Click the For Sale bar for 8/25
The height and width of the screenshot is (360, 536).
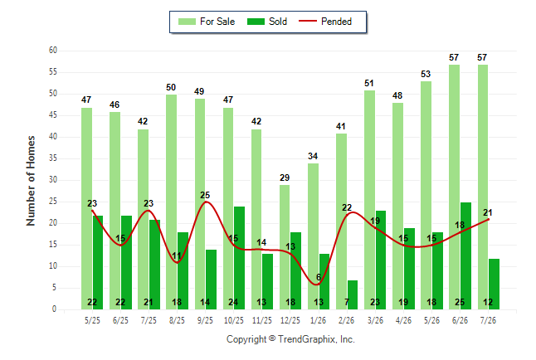coord(171,202)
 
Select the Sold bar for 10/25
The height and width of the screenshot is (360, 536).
coord(239,258)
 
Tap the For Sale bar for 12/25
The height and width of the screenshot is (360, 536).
coord(285,247)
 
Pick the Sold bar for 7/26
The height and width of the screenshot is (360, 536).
coord(494,285)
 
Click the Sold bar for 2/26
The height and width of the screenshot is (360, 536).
coord(353,295)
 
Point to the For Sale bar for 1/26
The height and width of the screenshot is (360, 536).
coord(313,236)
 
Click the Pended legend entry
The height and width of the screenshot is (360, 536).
coord(325,22)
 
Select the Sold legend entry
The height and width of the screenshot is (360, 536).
coord(267,22)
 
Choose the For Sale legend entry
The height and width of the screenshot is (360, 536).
coord(207,22)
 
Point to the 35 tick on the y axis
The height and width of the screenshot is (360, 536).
coord(53,158)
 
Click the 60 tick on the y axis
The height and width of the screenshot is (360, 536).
coord(53,51)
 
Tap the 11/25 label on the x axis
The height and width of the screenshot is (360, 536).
coord(262,320)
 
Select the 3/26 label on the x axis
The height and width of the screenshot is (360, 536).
coord(375,320)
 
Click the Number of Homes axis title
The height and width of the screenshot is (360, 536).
coord(31,181)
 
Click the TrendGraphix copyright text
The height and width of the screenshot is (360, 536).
coord(290,339)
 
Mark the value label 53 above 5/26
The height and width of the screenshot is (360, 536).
coord(426,74)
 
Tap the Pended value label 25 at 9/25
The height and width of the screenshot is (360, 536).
coord(205,195)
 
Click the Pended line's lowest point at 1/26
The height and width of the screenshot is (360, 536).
coord(317,285)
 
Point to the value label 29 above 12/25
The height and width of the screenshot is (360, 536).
coord(285,178)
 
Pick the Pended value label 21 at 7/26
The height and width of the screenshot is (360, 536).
coord(487,212)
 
